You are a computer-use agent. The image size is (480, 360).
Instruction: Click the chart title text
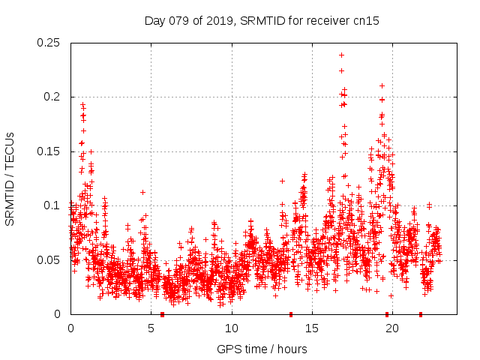(x=262, y=21)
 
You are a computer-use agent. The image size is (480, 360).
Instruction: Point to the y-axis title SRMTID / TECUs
(x=10, y=178)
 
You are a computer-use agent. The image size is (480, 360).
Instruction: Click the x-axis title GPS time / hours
(x=262, y=349)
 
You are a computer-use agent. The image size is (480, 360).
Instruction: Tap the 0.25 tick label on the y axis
(x=49, y=42)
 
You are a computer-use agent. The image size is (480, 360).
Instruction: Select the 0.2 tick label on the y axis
(x=52, y=97)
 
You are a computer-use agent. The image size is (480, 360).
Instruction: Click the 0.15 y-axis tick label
(x=49, y=151)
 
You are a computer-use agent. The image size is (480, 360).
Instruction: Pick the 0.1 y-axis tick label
(x=52, y=205)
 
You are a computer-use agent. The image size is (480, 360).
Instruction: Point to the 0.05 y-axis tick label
(x=49, y=260)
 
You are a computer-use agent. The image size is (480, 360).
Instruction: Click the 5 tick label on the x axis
(x=151, y=328)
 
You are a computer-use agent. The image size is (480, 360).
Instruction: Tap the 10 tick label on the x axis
(x=232, y=328)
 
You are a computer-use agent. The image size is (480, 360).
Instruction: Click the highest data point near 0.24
(x=341, y=55)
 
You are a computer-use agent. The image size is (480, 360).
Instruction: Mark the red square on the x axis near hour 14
(x=291, y=314)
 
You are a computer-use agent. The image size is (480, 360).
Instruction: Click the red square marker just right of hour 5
(x=162, y=314)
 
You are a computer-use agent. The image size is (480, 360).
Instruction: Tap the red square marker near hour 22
(x=421, y=314)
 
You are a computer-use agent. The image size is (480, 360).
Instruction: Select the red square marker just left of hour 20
(x=387, y=314)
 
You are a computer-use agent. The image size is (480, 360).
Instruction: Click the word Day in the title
(x=154, y=21)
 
